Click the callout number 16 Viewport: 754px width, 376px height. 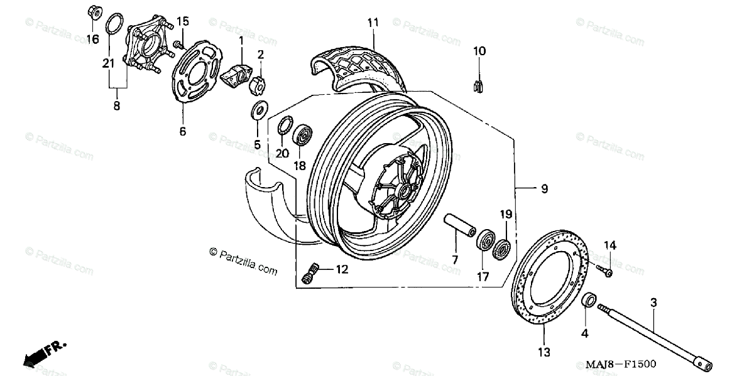(x=92, y=39)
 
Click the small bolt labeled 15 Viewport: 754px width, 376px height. (x=177, y=43)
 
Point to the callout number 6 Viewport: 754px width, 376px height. (x=183, y=131)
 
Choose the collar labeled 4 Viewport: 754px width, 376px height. (x=589, y=300)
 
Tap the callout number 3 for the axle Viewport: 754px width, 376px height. (x=653, y=303)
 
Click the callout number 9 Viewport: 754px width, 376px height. (x=544, y=188)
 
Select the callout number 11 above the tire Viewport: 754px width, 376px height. (x=373, y=23)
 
